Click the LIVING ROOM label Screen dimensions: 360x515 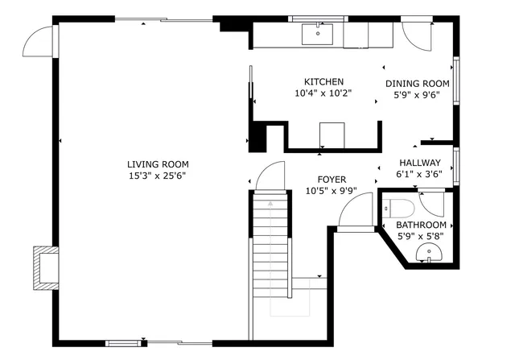coord(151,163)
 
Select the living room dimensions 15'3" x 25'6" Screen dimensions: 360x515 coord(151,175)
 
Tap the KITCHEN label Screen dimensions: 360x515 coord(323,81)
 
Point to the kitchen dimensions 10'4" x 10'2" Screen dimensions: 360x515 coord(323,93)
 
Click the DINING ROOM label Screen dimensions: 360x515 coord(417,83)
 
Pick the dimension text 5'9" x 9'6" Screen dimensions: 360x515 coord(417,94)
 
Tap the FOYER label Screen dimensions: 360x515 coord(331,180)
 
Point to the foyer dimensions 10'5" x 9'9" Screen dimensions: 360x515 coord(331,191)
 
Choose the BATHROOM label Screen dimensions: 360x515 coord(421,225)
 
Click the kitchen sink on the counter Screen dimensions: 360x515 coord(318,34)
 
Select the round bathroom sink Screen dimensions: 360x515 coord(429,255)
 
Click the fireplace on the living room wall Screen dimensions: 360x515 coord(44,267)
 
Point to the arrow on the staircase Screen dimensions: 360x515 coord(270,205)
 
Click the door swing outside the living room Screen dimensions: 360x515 coord(39,41)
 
